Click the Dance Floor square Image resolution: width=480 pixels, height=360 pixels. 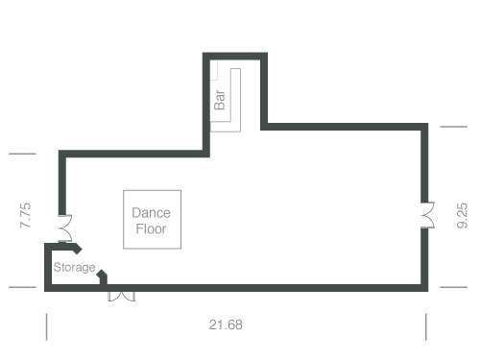pos(152,220)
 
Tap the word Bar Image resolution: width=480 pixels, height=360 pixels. pos(220,99)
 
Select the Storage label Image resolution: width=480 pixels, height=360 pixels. pos(74,267)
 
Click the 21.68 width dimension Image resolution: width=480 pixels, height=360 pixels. pos(226,324)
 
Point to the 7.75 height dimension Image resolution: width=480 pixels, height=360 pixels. pos(26,214)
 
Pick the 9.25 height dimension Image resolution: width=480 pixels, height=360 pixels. pos(463,214)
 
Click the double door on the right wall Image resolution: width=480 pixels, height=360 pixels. pos(426,213)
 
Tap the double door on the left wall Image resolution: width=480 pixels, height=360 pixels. pos(63,228)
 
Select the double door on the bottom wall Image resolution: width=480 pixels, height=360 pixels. pos(121,293)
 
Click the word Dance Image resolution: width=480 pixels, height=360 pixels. pos(151,212)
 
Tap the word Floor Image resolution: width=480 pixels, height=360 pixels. pos(151,229)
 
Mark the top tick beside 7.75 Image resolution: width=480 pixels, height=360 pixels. pos(22,154)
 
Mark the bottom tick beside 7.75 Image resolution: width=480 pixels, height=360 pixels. pos(22,287)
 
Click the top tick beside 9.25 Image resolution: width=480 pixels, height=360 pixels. pos(454,125)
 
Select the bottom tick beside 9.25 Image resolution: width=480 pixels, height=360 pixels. pos(454,287)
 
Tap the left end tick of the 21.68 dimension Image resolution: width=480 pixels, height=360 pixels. pos(46,326)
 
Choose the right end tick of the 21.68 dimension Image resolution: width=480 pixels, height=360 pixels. pos(426,326)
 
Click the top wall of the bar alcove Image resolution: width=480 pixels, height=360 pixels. pos(234,56)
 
